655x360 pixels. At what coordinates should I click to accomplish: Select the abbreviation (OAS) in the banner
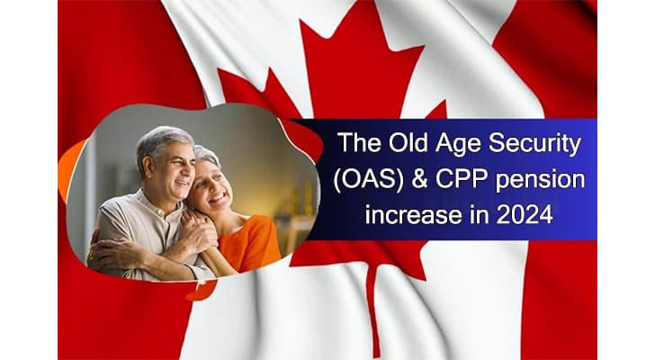point(369,181)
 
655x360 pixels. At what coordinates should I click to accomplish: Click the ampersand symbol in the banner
point(420,180)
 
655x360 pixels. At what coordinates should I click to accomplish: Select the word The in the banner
point(359,143)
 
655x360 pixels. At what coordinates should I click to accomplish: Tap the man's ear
point(148,166)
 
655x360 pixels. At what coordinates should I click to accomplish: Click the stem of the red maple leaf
point(373,308)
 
